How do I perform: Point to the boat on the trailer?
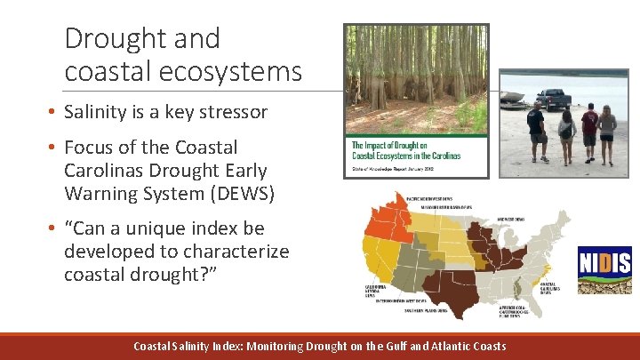513,96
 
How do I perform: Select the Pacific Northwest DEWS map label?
429,199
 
